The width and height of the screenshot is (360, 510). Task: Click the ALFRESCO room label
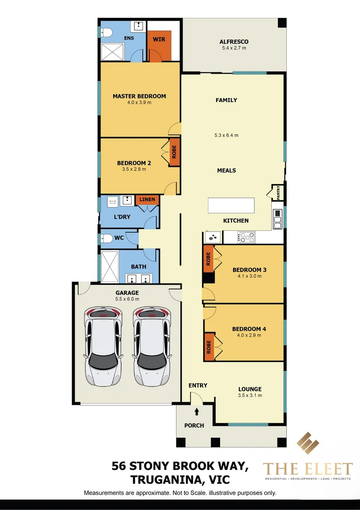pyautogui.click(x=234, y=42)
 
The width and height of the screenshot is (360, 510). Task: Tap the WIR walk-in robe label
pyautogui.click(x=159, y=39)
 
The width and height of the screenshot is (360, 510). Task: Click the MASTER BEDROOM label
pyautogui.click(x=139, y=96)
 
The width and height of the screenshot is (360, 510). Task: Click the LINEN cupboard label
pyautogui.click(x=147, y=200)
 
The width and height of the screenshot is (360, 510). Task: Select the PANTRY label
pyautogui.click(x=279, y=193)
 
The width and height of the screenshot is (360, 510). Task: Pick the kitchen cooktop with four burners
pyautogui.click(x=246, y=237)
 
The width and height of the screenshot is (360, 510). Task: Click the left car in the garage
pyautogui.click(x=103, y=345)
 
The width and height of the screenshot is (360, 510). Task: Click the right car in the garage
pyautogui.click(x=151, y=345)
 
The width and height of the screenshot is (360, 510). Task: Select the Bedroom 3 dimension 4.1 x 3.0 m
pyautogui.click(x=250, y=276)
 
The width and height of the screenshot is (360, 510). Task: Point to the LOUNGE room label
pyautogui.click(x=250, y=389)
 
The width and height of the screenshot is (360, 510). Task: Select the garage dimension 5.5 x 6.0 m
pyautogui.click(x=127, y=299)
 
